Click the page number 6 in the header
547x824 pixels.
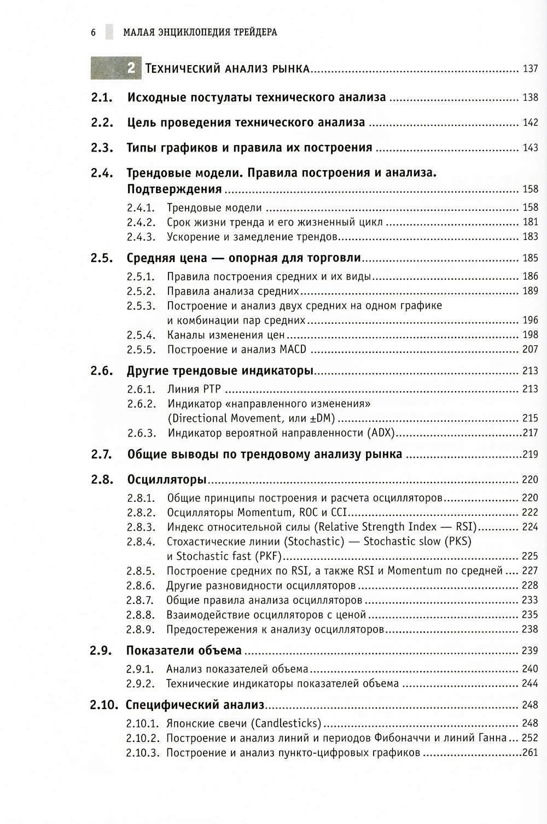coord(93,32)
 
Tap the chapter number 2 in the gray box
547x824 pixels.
coord(131,68)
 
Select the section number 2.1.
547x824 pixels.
coord(102,98)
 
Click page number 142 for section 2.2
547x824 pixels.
coord(530,123)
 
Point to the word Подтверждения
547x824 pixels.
coord(174,189)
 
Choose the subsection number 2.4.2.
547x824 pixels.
coord(141,222)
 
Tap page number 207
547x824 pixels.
coord(530,349)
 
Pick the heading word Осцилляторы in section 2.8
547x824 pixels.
coord(166,480)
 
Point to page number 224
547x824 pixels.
coord(530,527)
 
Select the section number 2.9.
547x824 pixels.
coord(102,651)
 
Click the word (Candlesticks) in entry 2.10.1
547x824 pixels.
coord(286,723)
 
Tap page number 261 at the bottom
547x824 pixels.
coord(530,752)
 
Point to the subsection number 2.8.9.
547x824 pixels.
coord(141,629)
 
